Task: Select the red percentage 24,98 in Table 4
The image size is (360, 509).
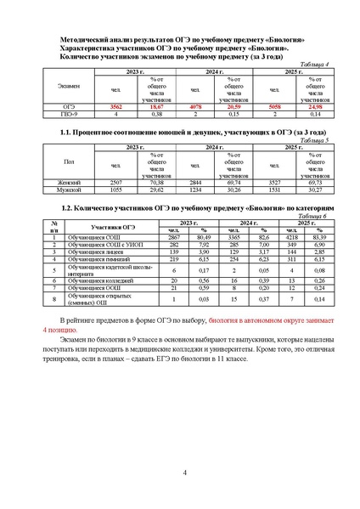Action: [x=314, y=106]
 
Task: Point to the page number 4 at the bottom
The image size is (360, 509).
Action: [x=185, y=472]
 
